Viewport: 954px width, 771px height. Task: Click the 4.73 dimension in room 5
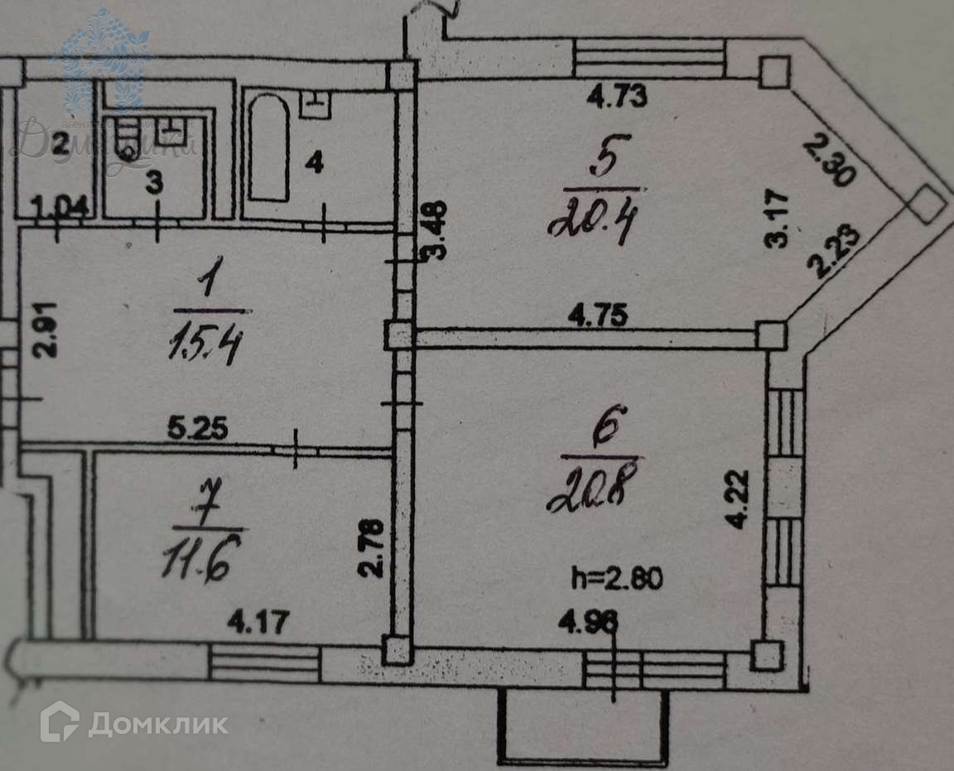[x=616, y=98]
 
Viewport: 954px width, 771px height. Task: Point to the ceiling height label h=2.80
[x=617, y=577]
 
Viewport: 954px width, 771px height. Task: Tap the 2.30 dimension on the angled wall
[x=828, y=161]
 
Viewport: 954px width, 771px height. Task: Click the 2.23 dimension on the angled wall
[x=833, y=252]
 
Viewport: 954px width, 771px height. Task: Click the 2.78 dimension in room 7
[x=373, y=547]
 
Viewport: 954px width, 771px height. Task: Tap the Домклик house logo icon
[x=60, y=721]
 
